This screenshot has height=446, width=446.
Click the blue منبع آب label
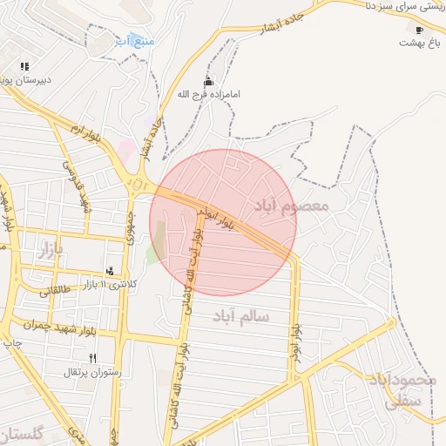tap(135, 41)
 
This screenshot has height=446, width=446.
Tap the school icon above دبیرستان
tap(24, 65)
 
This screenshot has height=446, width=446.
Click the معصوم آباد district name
tap(290, 206)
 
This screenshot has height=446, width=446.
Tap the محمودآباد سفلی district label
tap(415, 389)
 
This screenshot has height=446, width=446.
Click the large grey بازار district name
tap(50, 252)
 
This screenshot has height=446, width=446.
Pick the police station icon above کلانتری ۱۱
tap(110, 272)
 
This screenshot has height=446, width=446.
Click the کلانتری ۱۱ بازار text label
tap(114, 285)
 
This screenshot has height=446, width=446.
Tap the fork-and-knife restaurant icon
tap(92, 358)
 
